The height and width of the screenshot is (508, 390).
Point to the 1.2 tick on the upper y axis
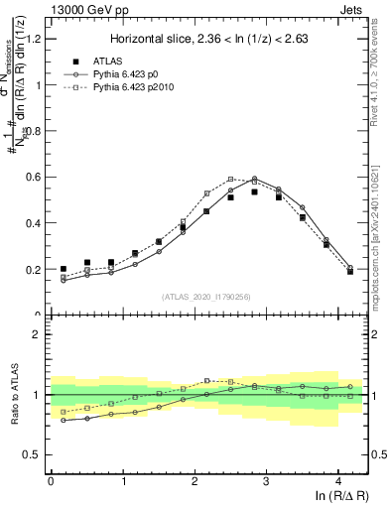[33, 39]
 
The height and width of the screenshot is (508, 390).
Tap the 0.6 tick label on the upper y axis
[33, 177]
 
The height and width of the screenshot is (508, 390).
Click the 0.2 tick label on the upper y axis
[33, 269]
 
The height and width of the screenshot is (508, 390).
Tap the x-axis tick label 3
[267, 480]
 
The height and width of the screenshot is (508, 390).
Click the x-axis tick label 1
[123, 480]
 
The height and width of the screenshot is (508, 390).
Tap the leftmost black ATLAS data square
[64, 269]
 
